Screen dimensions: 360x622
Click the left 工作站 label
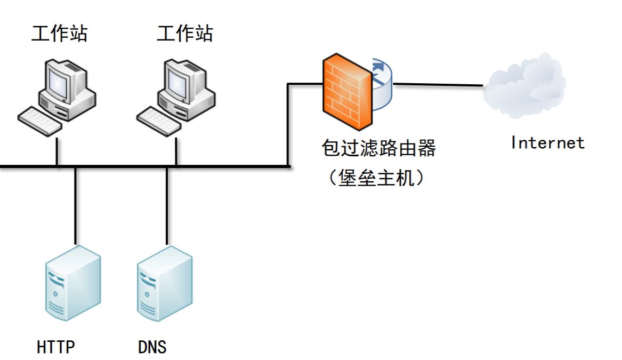tap(59, 34)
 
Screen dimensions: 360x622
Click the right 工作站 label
tap(184, 34)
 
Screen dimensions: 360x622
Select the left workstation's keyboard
tap(40, 120)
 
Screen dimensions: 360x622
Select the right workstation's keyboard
tap(159, 120)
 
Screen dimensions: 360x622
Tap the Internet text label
tap(547, 143)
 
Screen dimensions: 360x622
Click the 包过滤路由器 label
tap(378, 148)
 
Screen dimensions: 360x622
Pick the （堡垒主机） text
tap(376, 178)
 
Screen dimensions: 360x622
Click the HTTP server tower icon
tap(72, 283)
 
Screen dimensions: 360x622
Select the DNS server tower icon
tap(165, 283)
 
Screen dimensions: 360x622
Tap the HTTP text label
tap(56, 347)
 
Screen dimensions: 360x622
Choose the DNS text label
tap(152, 347)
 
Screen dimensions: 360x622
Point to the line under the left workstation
tap(57, 152)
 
